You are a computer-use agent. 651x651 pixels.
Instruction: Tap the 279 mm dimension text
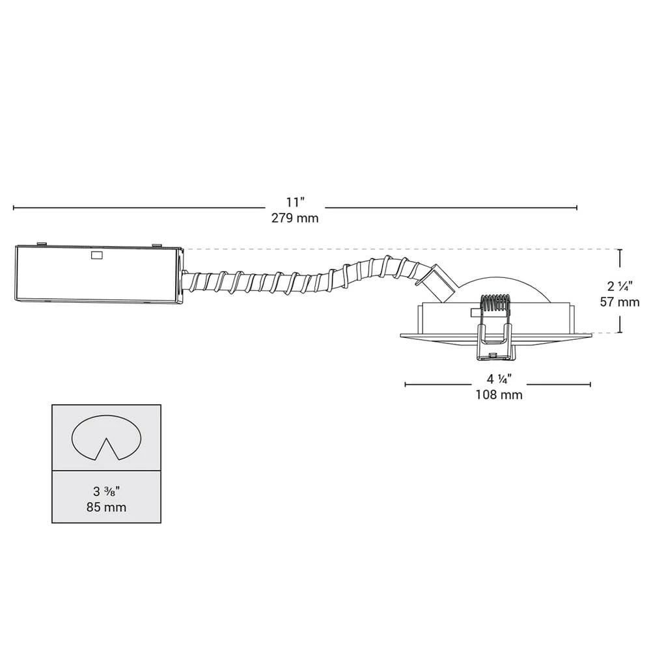pos(295,218)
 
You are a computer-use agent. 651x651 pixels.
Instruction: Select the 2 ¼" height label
pos(620,285)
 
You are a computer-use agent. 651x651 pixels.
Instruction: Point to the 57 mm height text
pos(620,301)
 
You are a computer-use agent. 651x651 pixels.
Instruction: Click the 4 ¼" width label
pos(499,379)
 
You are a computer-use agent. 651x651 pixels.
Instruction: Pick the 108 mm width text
pos(499,395)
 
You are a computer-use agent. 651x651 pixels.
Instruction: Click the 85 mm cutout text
pos(107,507)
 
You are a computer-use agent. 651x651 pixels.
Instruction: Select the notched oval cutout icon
pos(107,436)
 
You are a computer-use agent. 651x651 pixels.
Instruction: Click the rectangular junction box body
pos(98,273)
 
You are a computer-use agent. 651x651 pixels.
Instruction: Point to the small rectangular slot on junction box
pos(97,256)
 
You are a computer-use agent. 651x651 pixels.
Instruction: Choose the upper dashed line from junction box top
pos(391,249)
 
